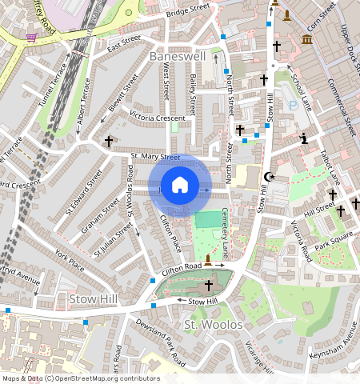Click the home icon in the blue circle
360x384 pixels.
click(x=180, y=186)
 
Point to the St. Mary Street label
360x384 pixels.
click(x=155, y=157)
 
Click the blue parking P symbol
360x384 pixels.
click(x=293, y=105)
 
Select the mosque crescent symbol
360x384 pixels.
click(x=270, y=176)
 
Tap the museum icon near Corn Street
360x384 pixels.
click(x=307, y=40)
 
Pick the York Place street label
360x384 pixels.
click(x=70, y=258)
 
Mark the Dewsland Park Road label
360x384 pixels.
click(x=145, y=336)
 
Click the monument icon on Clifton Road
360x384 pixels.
click(x=209, y=259)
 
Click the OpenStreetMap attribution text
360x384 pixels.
click(x=80, y=378)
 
